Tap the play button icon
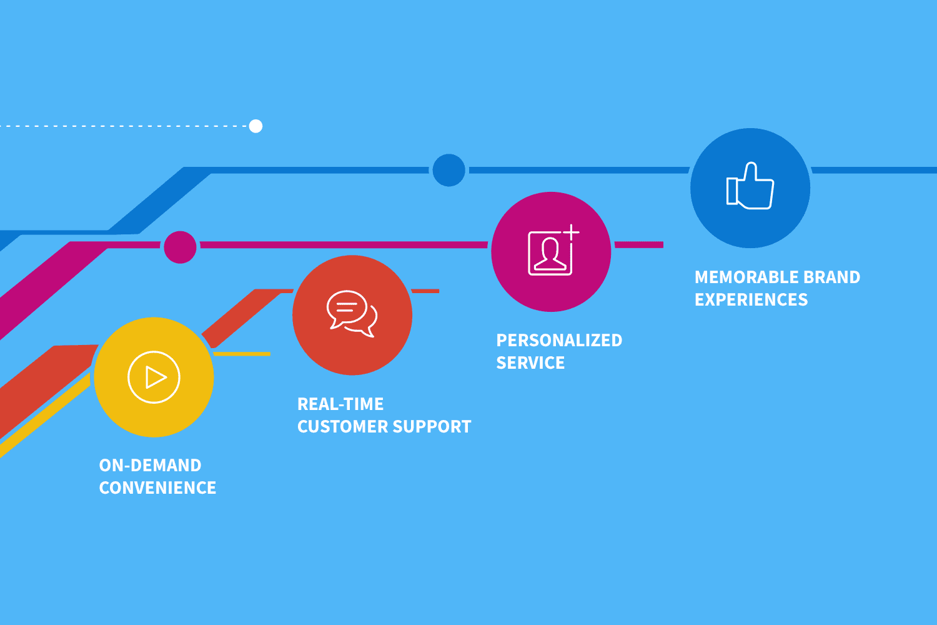click(154, 377)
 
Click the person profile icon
click(550, 254)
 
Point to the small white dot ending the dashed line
click(255, 126)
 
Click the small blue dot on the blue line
click(449, 170)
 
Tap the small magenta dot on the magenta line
click(180, 247)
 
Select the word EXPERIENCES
click(751, 300)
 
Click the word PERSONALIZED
click(559, 341)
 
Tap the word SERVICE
click(530, 363)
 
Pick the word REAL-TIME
click(340, 404)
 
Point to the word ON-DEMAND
click(150, 466)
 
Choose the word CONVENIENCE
click(157, 488)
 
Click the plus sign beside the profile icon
click(572, 232)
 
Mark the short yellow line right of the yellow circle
click(242, 354)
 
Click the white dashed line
click(125, 126)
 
